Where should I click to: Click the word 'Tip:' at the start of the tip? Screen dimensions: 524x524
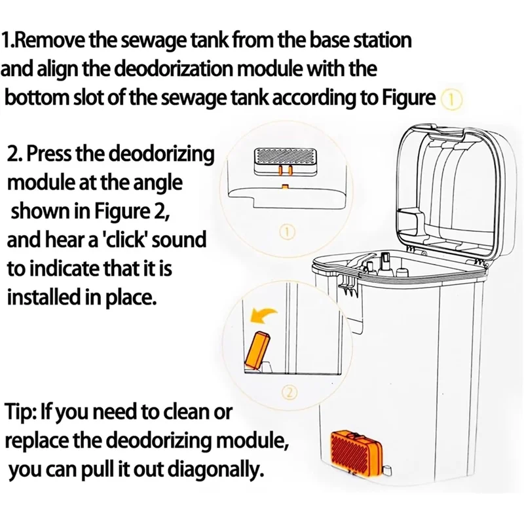tap(20, 412)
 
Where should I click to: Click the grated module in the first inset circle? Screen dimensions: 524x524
tap(283, 157)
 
